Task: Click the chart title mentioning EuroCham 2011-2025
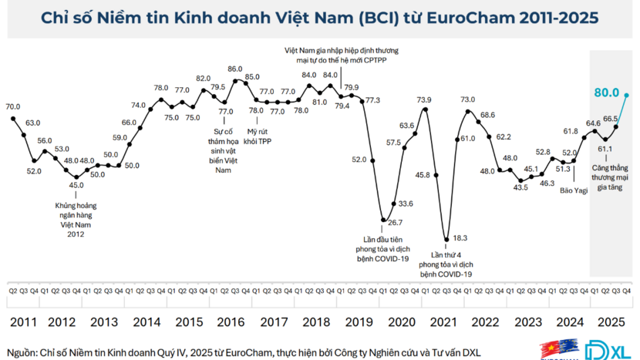[x=319, y=18]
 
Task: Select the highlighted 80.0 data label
[x=608, y=93]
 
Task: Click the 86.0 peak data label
[x=235, y=69]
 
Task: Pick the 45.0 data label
[x=76, y=185]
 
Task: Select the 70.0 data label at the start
[x=13, y=107]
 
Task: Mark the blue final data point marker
[x=628, y=94]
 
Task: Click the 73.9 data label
[x=424, y=100]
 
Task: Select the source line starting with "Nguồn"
[x=244, y=352]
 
